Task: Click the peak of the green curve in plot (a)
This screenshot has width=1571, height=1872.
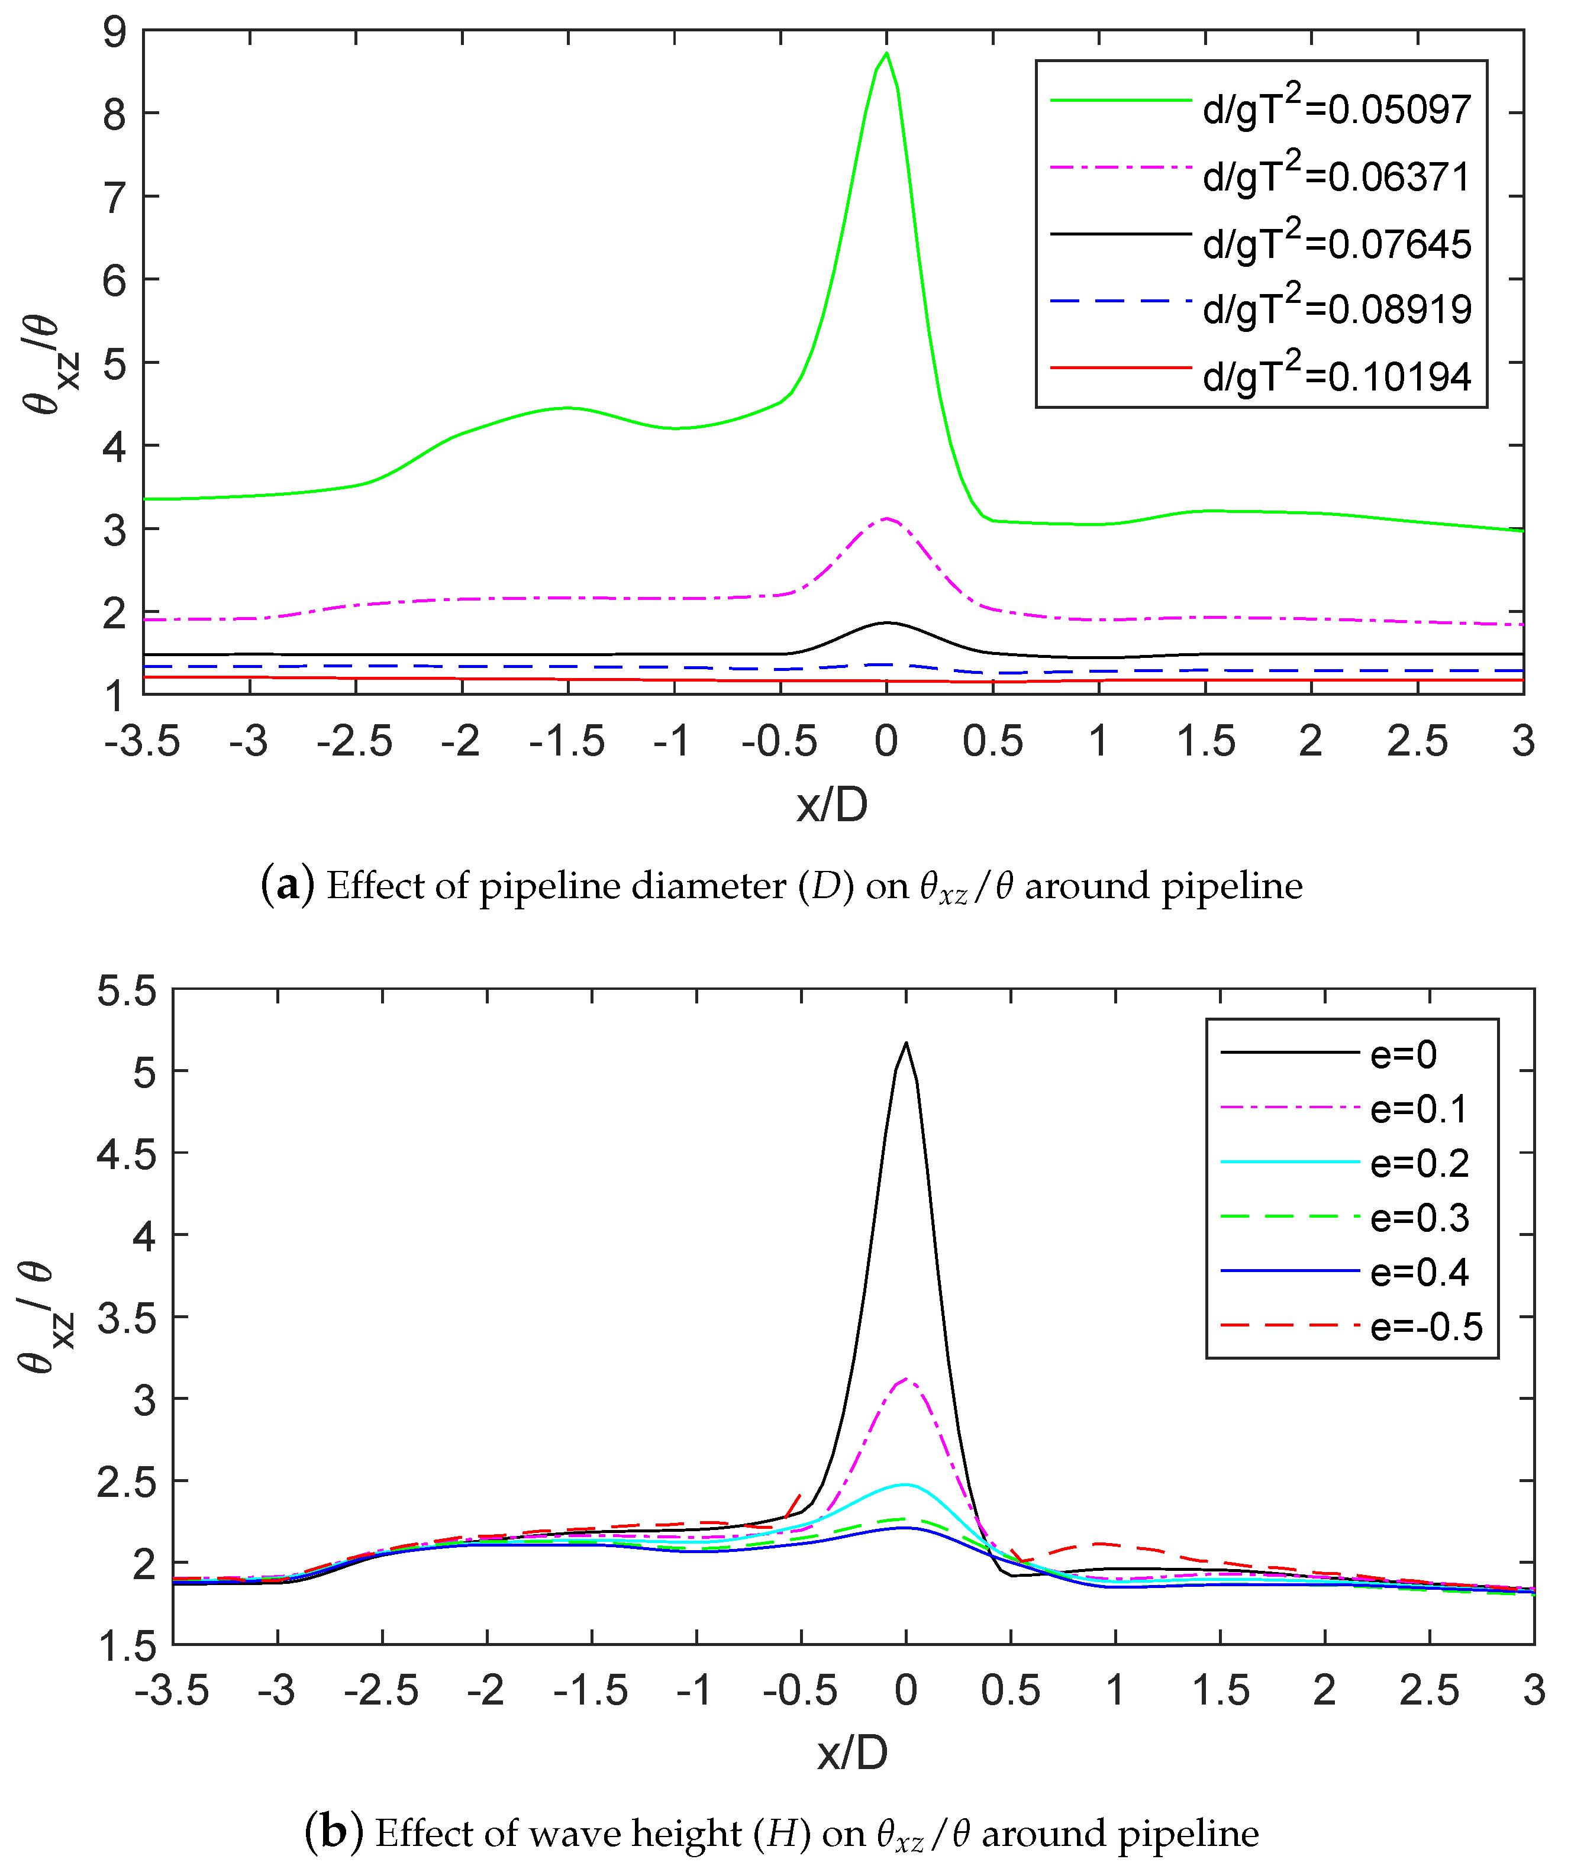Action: (885, 53)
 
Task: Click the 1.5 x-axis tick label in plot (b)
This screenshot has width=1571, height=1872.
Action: (1220, 1690)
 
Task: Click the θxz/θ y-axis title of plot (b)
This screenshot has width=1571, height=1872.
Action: (44, 1318)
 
